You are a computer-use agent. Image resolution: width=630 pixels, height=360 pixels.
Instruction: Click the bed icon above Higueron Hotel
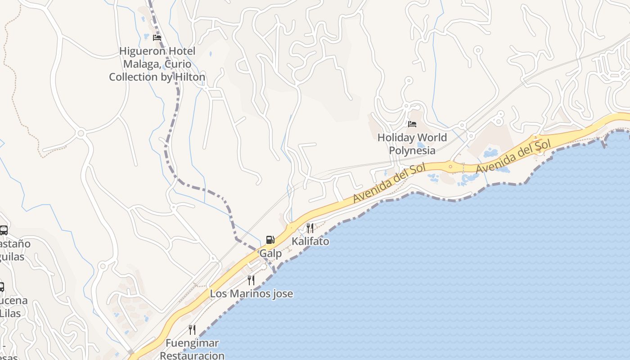[x=157, y=38]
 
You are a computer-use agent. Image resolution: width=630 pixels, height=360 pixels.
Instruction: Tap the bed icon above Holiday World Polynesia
[x=412, y=124]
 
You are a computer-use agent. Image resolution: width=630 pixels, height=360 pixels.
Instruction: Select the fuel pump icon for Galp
[x=270, y=240]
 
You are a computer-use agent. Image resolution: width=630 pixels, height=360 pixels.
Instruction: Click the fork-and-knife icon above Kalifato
[x=310, y=228]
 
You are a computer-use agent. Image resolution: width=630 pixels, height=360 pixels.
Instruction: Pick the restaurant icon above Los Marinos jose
[x=251, y=280]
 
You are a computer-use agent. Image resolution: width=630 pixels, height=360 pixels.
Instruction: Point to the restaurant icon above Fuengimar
[x=192, y=330]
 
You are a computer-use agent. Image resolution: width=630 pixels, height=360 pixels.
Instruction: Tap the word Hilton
[x=189, y=77]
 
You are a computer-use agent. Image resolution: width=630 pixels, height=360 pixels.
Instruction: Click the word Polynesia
[x=412, y=150]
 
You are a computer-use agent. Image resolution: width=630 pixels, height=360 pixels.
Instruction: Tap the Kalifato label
[x=310, y=241]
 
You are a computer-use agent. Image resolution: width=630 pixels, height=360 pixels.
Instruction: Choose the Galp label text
[x=270, y=253]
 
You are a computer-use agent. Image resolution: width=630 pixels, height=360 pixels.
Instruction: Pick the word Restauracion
[x=192, y=355]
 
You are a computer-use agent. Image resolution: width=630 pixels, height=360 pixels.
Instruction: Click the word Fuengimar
[x=192, y=343]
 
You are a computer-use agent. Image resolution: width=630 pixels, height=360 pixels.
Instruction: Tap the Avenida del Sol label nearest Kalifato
[x=389, y=184]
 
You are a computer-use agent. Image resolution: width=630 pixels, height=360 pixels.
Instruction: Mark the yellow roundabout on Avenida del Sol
[x=451, y=166]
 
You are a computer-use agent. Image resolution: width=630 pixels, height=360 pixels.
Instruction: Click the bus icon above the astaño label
[x=3, y=230]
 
